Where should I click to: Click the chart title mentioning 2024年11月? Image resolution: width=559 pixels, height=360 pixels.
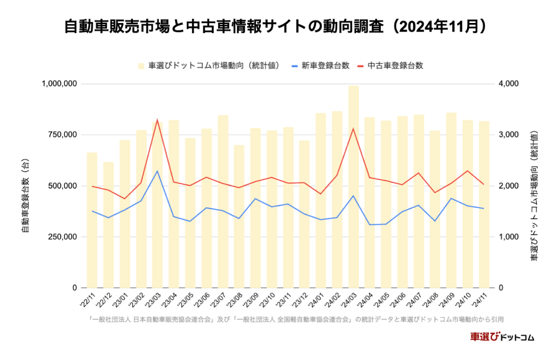pos(279,27)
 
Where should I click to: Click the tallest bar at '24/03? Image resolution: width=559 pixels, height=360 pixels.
pos(353,186)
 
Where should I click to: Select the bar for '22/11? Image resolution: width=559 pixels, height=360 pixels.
pos(92,220)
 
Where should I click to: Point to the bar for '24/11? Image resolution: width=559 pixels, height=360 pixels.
pos(484,205)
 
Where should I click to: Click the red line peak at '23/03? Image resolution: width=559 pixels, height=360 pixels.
pos(157,119)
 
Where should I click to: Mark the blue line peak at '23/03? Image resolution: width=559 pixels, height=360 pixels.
pos(157,171)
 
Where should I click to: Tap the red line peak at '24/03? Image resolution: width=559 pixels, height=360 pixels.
pos(353,128)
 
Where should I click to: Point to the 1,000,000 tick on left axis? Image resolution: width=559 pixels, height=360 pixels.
pos(59,83)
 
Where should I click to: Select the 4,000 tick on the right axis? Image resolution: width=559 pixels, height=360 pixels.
pos(509,83)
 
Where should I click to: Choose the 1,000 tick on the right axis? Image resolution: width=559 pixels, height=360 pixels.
pos(509,237)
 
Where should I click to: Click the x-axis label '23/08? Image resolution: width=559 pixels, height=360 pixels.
pos(234,300)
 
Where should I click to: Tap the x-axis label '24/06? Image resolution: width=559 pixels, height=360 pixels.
pos(397,300)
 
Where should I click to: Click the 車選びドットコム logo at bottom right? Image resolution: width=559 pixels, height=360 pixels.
pos(502,337)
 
